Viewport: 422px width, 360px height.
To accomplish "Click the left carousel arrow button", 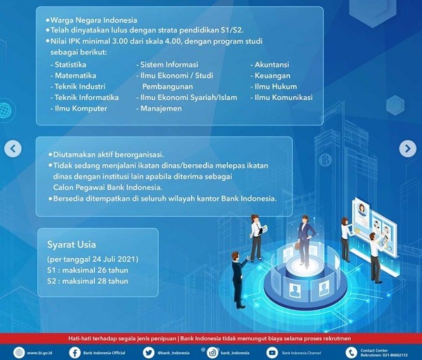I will point(13,149).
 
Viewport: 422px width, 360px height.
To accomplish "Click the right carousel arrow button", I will point(407,149).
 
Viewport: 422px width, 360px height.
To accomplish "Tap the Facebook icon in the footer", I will point(75,352).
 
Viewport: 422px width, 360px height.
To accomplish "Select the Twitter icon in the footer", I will point(148,352).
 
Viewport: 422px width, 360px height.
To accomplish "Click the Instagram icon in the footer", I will point(212,352).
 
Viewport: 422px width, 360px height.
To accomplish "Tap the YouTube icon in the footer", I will point(272,352).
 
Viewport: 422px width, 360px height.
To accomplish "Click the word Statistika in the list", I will point(71,65).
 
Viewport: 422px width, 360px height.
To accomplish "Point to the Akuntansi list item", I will point(271,65).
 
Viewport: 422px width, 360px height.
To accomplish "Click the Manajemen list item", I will point(161,108).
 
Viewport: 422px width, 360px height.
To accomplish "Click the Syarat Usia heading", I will point(73,244).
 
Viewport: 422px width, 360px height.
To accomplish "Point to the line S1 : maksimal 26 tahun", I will point(87,270).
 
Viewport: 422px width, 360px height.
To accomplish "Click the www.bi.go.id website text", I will point(41,353).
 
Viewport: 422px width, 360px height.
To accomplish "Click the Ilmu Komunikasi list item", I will point(283,97).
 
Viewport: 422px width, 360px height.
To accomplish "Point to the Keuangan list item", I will point(271,75).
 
